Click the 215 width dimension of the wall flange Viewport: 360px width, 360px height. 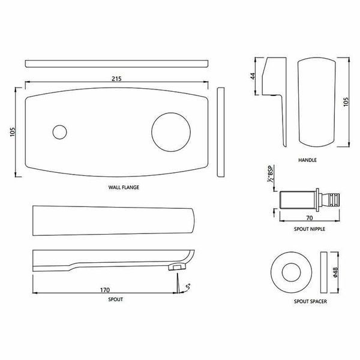(x=116, y=79)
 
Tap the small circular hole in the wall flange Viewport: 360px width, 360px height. (x=59, y=132)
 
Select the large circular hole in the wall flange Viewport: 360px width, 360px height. (x=171, y=132)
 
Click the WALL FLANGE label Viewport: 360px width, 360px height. (x=124, y=187)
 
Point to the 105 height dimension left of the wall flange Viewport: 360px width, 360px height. (x=13, y=132)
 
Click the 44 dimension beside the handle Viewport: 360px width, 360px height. (x=253, y=76)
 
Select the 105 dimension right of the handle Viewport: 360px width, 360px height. (x=346, y=102)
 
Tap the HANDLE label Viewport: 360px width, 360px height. (x=307, y=160)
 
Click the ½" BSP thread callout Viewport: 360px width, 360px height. (x=270, y=174)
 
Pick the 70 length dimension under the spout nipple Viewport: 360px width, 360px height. (x=310, y=218)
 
